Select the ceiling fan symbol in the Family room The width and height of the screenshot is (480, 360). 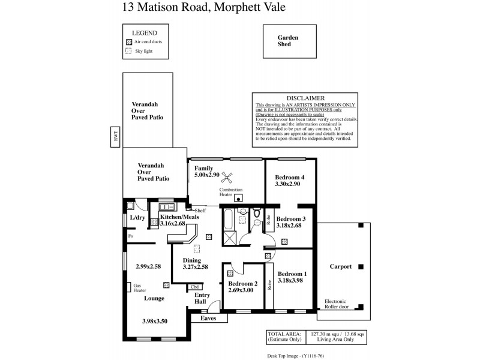pos(227,176)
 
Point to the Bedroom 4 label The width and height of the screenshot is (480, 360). pos(290,178)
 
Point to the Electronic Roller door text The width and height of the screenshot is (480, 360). pos(341,304)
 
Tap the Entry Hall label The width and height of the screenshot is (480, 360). pos(202,298)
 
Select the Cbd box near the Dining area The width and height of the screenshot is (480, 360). pos(195,287)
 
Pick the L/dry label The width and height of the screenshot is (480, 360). pos(137,217)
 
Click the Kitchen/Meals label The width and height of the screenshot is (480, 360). pos(179,217)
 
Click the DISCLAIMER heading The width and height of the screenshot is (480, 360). pos(306,98)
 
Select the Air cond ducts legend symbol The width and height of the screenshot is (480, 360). pos(128,42)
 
